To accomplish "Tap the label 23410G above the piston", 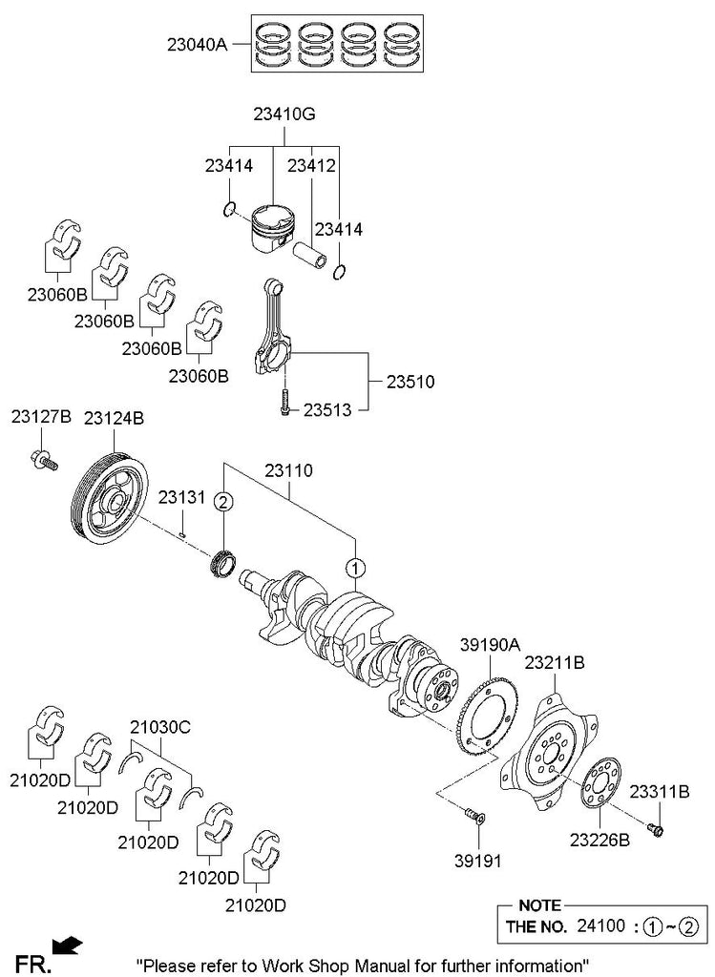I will click(284, 115).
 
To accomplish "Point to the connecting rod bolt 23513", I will click(284, 405).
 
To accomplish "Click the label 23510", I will click(410, 382).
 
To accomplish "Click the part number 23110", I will click(288, 470).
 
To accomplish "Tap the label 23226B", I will click(600, 840).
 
